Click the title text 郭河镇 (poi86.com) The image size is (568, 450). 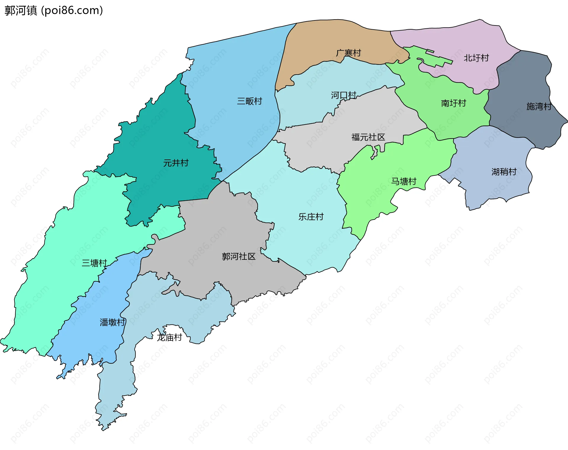coord(54,10)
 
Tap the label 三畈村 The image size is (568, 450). coord(249,101)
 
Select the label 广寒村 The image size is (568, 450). coord(348,53)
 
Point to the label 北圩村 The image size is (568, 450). coord(476,58)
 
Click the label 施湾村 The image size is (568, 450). coord(539,107)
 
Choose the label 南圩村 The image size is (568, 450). coord(453,103)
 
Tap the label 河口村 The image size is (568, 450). coord(343,95)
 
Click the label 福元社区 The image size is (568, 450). coord(368,137)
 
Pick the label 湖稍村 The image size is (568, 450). coord(504,172)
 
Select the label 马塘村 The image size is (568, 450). coord(404,181)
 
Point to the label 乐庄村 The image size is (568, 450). coord(311,217)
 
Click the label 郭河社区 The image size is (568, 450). coord(238,257)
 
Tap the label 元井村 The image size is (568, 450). coord(176,163)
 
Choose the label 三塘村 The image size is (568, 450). coord(94,263)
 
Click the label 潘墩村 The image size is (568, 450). coord(112,322)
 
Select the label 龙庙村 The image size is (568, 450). coord(169,337)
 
